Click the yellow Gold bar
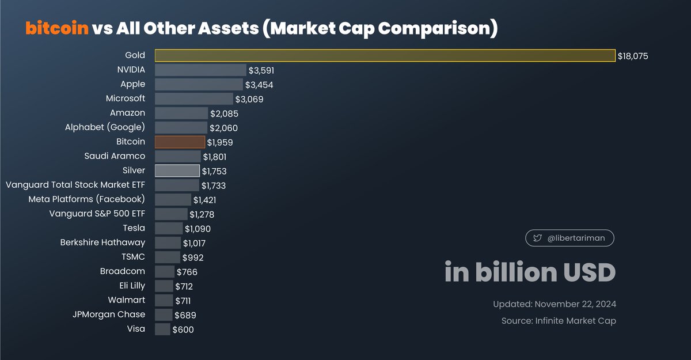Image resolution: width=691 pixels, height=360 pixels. tap(385, 55)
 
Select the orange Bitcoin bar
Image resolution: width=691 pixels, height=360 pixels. tap(180, 142)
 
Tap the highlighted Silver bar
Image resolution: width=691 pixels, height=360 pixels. tap(177, 171)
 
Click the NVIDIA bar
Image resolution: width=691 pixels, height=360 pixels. tap(200, 70)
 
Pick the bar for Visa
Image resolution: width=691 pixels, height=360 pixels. tap(162, 329)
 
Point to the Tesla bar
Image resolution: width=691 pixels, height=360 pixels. tap(169, 229)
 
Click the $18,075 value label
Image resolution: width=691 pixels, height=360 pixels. tap(633, 56)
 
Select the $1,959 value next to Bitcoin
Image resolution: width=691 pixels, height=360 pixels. tap(220, 142)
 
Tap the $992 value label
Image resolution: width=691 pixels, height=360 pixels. tap(193, 257)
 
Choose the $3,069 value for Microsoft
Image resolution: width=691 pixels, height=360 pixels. tap(249, 99)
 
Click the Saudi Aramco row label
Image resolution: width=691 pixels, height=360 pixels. tap(115, 156)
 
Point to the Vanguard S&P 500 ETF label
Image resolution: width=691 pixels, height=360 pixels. tap(97, 214)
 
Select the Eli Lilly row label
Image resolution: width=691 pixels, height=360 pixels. tap(132, 286)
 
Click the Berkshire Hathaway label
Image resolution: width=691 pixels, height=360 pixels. tap(102, 242)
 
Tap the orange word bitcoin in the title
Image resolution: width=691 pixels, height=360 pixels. tap(57, 28)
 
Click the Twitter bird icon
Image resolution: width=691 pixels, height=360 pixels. tap(537, 238)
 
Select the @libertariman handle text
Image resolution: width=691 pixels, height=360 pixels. tap(576, 238)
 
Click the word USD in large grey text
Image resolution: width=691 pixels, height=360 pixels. tap(589, 272)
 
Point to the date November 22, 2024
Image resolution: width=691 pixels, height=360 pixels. tap(575, 304)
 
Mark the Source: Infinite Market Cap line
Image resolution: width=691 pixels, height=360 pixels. tap(559, 321)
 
